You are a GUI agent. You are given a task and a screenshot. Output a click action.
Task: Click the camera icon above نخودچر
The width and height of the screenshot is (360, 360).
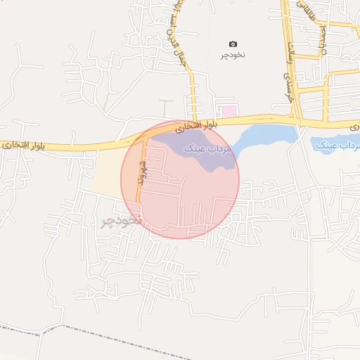pos(233,44)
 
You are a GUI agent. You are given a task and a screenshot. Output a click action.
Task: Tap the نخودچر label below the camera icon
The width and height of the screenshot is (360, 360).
pos(233,54)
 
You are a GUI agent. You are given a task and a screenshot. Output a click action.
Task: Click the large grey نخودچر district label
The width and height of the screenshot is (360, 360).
pos(121,220)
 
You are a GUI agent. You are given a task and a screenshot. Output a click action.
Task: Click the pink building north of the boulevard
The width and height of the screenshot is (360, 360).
pos(226,110)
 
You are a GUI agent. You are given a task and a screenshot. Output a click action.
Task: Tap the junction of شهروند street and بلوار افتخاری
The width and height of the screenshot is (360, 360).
pos(146,141)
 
